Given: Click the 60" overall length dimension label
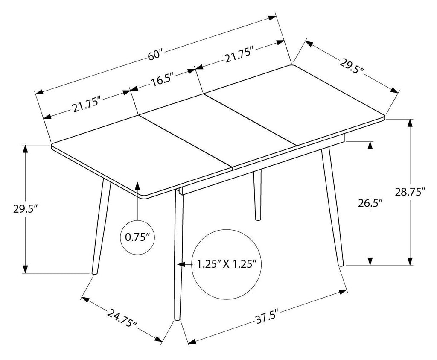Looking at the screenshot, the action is point(155,55).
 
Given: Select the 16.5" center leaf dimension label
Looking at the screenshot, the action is point(163,81).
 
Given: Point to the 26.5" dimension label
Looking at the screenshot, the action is point(370,203).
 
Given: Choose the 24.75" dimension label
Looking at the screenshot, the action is point(122,318).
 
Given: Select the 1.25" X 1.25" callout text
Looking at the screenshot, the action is point(227,263).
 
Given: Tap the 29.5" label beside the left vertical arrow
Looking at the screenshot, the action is point(25,208).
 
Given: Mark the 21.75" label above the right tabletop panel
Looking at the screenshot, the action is point(239,56).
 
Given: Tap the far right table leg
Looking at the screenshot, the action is point(332,206).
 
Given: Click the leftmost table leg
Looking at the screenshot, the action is point(101,226).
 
